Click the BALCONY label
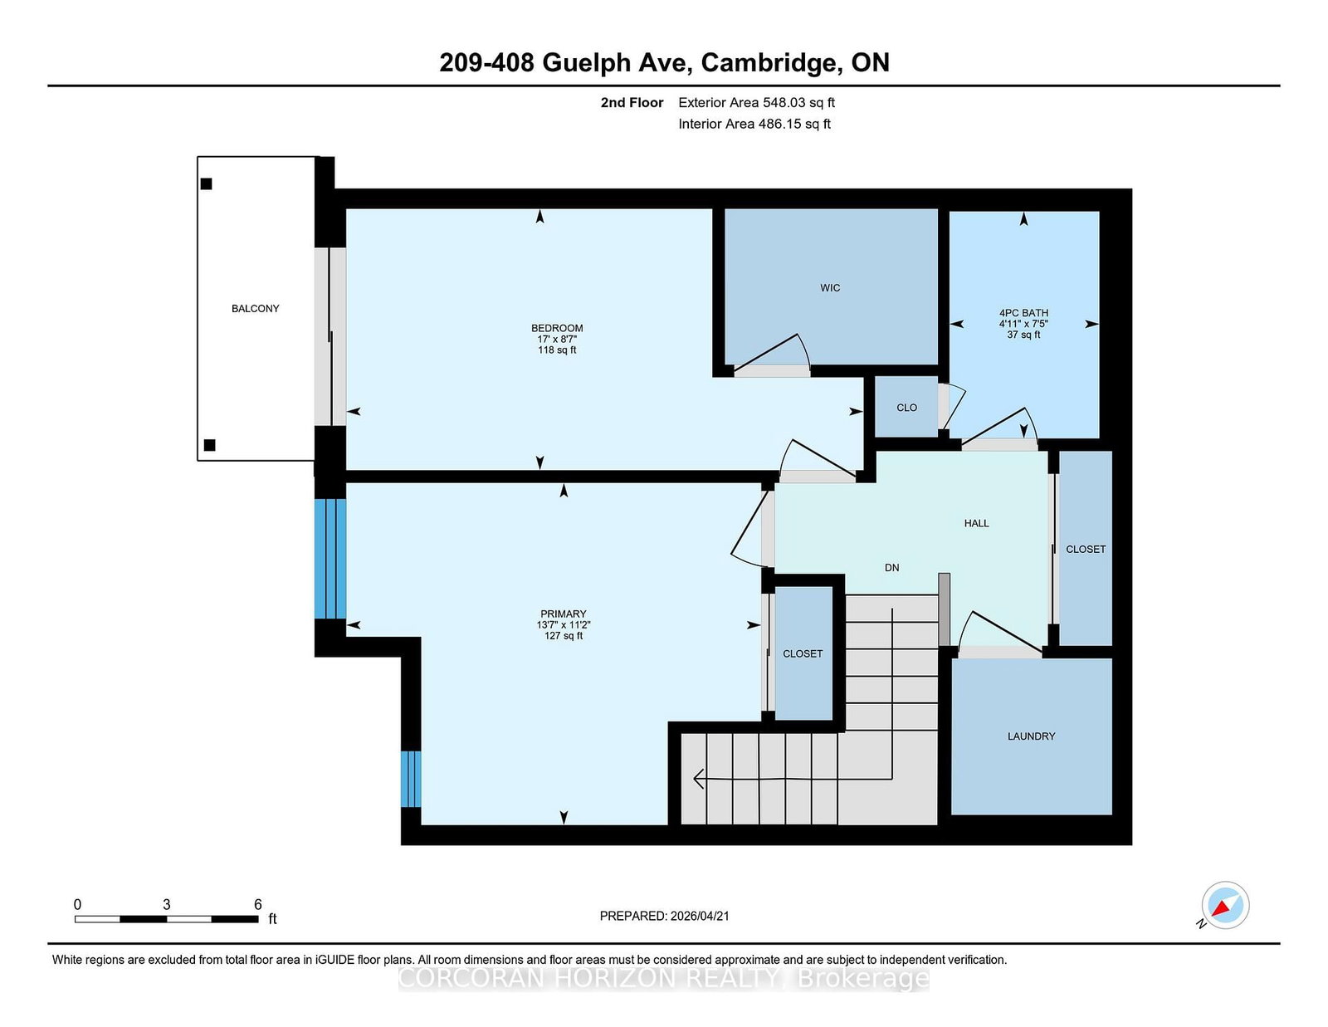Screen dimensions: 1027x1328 [255, 308]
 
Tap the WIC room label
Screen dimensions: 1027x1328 [830, 288]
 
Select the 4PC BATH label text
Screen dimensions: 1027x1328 [1023, 313]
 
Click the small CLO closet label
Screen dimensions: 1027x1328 [906, 408]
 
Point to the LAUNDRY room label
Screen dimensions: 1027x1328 [1031, 736]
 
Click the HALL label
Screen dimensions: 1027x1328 [976, 523]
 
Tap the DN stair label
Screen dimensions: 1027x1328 [891, 568]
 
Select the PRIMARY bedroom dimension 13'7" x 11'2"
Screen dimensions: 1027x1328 [564, 625]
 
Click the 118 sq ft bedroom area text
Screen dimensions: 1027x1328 [557, 350]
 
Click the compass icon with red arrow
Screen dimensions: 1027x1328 [1225, 905]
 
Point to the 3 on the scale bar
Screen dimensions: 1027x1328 [166, 904]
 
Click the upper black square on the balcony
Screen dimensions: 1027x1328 [207, 183]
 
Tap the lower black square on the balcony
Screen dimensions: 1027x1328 [209, 445]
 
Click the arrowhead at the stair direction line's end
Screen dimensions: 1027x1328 [699, 779]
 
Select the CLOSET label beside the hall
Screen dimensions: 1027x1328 [1085, 549]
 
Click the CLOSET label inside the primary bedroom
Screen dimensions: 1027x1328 [803, 653]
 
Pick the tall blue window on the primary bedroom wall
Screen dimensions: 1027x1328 [330, 559]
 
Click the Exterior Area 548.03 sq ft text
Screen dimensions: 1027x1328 [756, 102]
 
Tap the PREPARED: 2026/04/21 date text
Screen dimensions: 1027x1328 [664, 916]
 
